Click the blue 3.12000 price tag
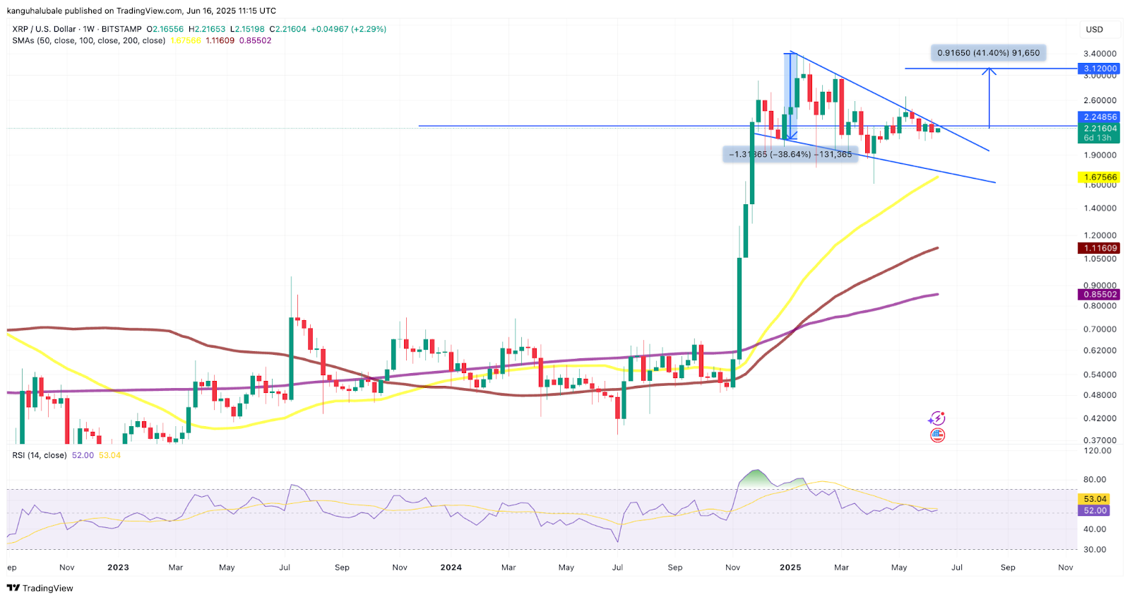(1100, 69)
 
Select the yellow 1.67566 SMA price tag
(1100, 177)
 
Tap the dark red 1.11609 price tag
(1100, 248)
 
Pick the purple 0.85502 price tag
(1100, 295)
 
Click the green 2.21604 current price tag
(1100, 129)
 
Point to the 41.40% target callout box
(988, 53)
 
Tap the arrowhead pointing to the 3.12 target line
(989, 71)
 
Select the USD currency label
(1094, 30)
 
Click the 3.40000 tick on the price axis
(1100, 54)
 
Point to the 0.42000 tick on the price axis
(1100, 418)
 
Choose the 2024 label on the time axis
(451, 567)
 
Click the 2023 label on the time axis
(118, 567)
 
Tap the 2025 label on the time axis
(790, 567)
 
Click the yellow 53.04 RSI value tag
(1095, 499)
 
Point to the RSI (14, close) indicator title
(40, 455)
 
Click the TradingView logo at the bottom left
(40, 588)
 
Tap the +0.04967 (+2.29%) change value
(349, 29)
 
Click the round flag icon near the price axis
(937, 435)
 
